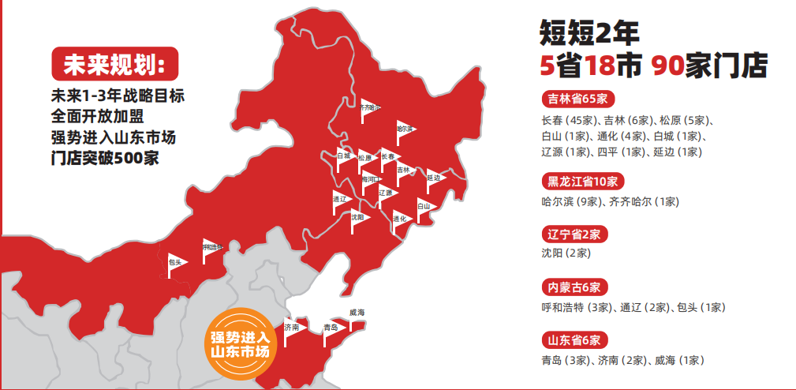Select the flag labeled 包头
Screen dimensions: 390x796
pos(177,263)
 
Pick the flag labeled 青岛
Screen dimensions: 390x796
pos(332,328)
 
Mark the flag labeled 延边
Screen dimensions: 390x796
pos(434,179)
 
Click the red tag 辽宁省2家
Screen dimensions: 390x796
pos(574,234)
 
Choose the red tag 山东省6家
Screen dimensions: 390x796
pos(574,340)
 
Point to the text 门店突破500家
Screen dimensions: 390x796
pos(104,157)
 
